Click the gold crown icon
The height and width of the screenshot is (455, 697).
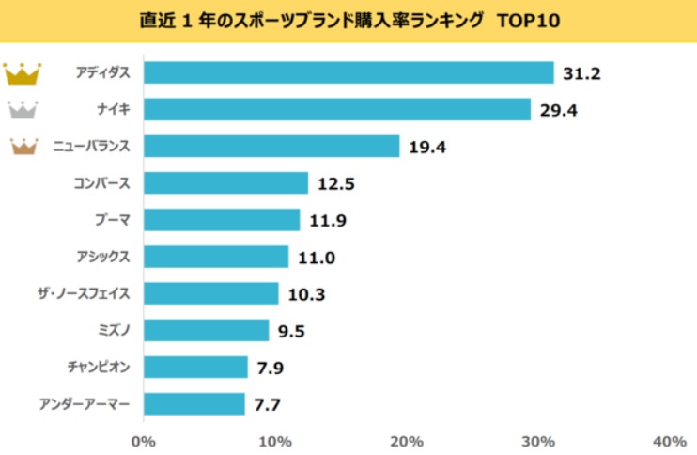pos(22,72)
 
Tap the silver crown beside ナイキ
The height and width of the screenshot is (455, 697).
pos(22,109)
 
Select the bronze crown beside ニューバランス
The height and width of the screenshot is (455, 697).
pos(22,146)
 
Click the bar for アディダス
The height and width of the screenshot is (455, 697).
pos(348,72)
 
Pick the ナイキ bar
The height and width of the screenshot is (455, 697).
pos(337,109)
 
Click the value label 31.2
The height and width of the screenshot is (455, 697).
pos(581,73)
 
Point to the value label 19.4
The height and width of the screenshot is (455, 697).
pos(426,147)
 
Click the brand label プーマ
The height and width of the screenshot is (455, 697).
pos(112,220)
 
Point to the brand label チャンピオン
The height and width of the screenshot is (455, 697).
pos(98,368)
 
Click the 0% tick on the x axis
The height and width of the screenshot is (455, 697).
pos(143,441)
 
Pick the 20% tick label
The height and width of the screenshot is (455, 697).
pos(406,441)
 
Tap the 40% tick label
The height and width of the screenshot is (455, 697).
pos(668,441)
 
